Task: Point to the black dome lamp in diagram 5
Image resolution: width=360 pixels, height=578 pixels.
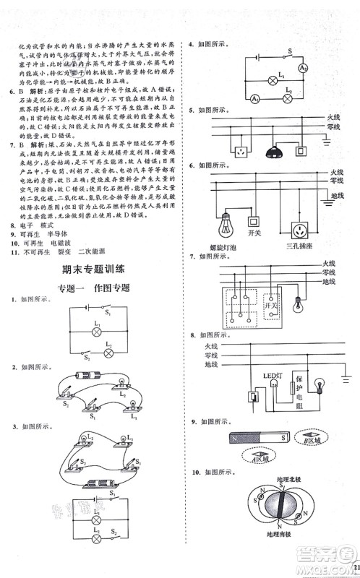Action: point(275,152)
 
